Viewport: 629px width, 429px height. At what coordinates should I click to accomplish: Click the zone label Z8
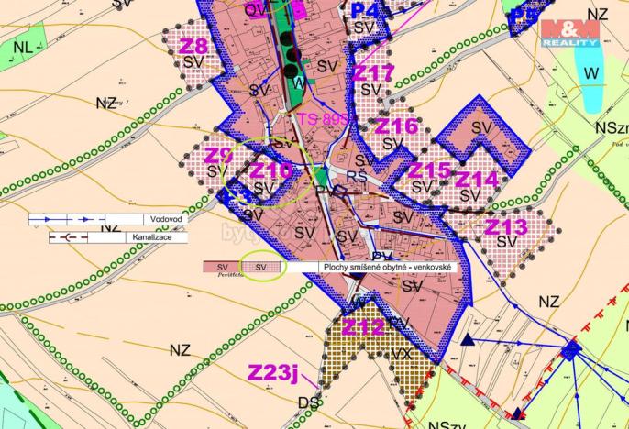point(194,45)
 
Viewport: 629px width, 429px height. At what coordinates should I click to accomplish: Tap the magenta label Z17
point(374,72)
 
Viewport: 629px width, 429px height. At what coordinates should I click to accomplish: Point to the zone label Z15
point(429,170)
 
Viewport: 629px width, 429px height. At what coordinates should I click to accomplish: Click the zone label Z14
point(477,179)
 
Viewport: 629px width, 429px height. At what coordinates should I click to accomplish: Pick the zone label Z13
point(506,225)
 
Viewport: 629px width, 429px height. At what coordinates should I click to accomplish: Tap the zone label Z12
point(363,326)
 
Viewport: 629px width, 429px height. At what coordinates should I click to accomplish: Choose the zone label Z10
point(270,170)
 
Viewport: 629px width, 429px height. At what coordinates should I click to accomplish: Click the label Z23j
point(275,371)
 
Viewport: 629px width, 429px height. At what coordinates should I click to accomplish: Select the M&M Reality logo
point(569,33)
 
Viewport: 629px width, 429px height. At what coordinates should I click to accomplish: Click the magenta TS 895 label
point(323,119)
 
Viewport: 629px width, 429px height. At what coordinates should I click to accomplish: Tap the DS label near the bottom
point(309,401)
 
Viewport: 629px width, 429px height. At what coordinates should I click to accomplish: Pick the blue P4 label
point(364,10)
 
